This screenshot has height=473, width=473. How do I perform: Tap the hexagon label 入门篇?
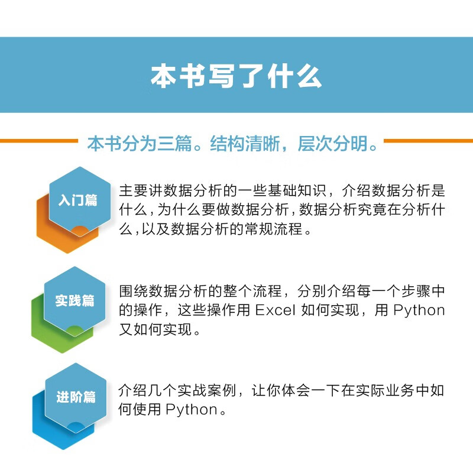[77, 200]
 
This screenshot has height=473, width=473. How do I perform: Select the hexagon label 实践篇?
[75, 300]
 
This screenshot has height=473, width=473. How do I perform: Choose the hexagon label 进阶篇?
[76, 397]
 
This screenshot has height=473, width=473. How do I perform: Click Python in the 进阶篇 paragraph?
[192, 409]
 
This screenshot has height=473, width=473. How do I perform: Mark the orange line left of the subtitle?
[38, 141]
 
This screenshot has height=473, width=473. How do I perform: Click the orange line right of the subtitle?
[428, 141]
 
